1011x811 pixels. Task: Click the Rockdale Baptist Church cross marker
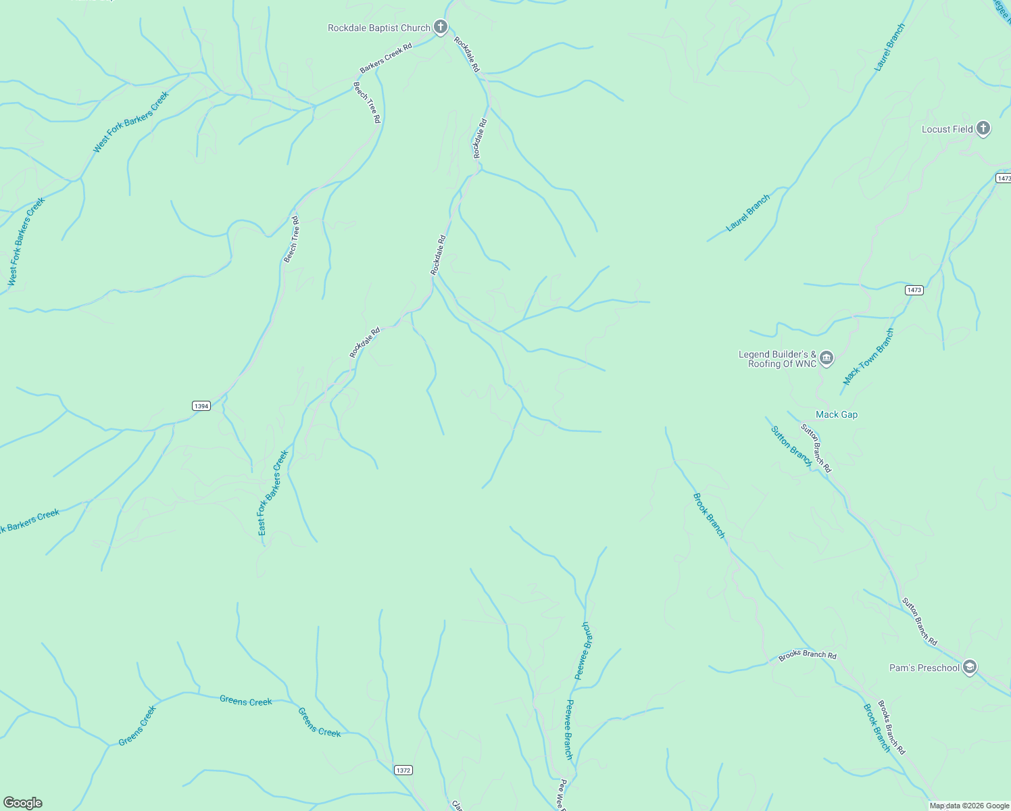pyautogui.click(x=441, y=28)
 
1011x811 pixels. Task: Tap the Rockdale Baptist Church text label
pyautogui.click(x=378, y=28)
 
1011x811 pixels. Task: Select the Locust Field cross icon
pyautogui.click(x=983, y=128)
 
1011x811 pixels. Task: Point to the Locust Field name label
pyautogui.click(x=947, y=129)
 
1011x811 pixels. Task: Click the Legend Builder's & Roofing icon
pyautogui.click(x=827, y=358)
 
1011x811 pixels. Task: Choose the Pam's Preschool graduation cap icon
pyautogui.click(x=970, y=668)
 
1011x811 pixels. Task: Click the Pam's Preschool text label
pyautogui.click(x=924, y=668)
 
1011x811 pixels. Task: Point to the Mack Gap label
pyautogui.click(x=837, y=415)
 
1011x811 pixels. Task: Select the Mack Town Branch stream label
pyautogui.click(x=868, y=357)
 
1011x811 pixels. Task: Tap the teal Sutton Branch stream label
pyautogui.click(x=791, y=446)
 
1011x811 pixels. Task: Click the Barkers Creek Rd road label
pyautogui.click(x=385, y=58)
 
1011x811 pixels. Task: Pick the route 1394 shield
pyautogui.click(x=201, y=405)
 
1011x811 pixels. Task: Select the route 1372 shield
pyautogui.click(x=403, y=770)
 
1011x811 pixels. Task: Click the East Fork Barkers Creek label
pyautogui.click(x=273, y=493)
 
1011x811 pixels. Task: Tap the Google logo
pyautogui.click(x=23, y=803)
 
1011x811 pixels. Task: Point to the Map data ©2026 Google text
pyautogui.click(x=969, y=806)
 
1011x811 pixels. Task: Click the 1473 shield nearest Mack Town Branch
pyautogui.click(x=914, y=290)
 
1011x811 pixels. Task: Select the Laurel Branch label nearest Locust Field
pyautogui.click(x=889, y=47)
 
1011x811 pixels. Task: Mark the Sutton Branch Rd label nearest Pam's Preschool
pyautogui.click(x=920, y=621)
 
